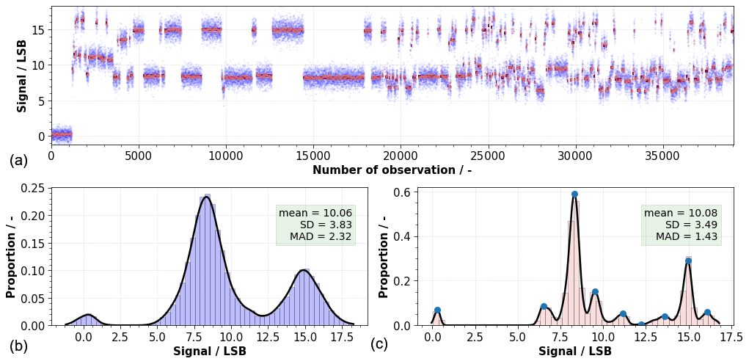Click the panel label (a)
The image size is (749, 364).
[19, 161]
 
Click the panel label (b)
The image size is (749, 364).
[19, 346]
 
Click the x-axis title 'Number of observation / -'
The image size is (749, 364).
[392, 170]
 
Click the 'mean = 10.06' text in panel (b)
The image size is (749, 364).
[315, 213]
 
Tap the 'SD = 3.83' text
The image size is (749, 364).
[326, 225]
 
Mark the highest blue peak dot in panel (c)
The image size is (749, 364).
[574, 194]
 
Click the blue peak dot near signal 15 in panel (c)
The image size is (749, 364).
[688, 261]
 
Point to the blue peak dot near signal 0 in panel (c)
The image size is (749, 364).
[437, 310]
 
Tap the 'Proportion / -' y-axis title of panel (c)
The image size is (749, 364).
[384, 256]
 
